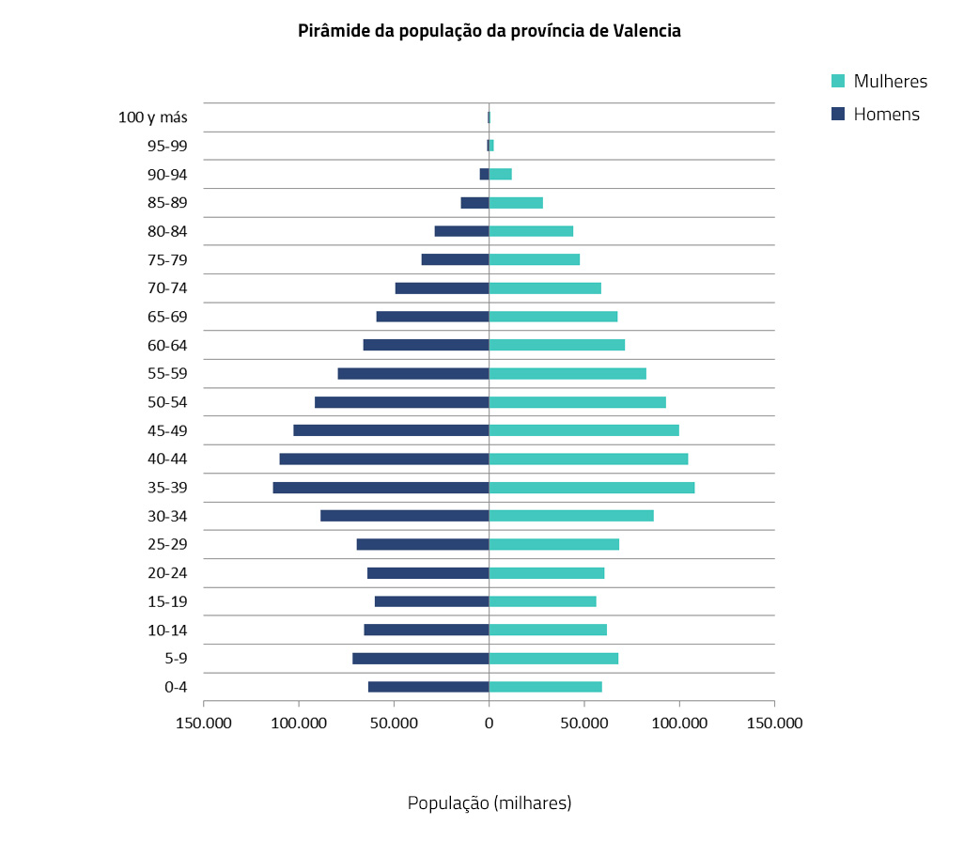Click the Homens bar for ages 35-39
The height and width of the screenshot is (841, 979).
tap(381, 488)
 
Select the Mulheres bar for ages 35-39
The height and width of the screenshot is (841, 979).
tap(592, 488)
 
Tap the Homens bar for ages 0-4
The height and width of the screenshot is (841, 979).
tap(428, 687)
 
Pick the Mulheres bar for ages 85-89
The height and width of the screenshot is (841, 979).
tap(516, 203)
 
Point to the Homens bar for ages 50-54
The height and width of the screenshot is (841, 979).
tap(401, 402)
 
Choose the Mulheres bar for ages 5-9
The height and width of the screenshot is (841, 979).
tap(553, 659)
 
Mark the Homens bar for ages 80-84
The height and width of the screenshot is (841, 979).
tap(461, 231)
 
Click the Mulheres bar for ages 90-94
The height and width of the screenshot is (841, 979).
tap(500, 174)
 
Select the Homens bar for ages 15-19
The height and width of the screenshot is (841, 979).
tap(431, 601)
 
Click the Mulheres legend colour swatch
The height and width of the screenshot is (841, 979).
tap(839, 81)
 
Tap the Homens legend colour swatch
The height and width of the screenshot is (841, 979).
tap(839, 115)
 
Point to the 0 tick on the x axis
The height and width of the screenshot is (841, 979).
tap(489, 724)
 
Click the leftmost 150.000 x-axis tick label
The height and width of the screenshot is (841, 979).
tap(204, 724)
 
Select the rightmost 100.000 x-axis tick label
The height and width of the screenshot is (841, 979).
tap(679, 724)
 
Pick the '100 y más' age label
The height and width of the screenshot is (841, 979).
tap(153, 117)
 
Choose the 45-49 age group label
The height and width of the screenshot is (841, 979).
tap(167, 430)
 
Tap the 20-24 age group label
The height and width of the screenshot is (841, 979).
tap(167, 573)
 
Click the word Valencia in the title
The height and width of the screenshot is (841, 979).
tap(646, 31)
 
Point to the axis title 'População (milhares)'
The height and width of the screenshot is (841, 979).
tap(489, 802)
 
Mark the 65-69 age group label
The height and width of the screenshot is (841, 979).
tap(167, 317)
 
